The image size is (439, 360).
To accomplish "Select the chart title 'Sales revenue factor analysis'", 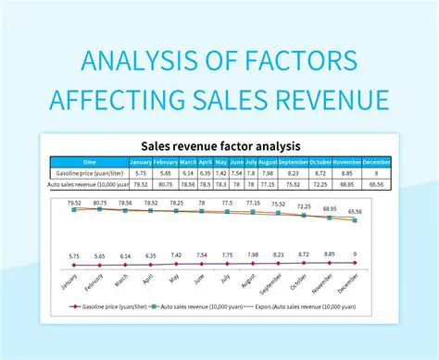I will [220, 145].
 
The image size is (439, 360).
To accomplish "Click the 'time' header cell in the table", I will [89, 160].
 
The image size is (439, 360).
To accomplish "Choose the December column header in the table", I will [376, 160].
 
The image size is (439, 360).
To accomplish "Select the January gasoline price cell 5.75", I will [140, 173].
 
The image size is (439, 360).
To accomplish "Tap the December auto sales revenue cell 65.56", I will [376, 185].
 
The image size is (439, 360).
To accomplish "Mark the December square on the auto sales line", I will [355, 219].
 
